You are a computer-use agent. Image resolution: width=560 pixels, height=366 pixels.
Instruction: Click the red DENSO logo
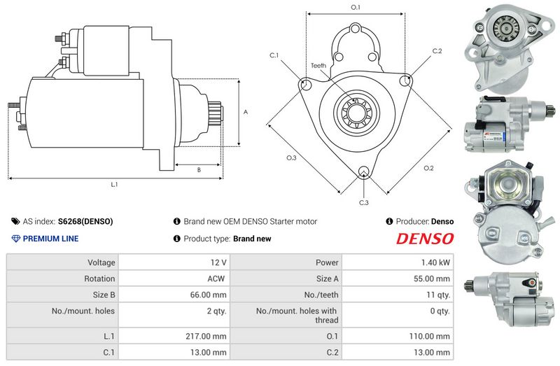425,239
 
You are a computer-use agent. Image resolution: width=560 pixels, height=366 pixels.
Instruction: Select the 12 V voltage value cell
218,263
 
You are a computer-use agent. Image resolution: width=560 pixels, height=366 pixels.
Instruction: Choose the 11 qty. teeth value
439,295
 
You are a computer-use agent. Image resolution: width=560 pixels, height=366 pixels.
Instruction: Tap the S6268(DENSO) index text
85,221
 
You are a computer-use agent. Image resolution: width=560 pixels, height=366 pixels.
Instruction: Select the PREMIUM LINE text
50,239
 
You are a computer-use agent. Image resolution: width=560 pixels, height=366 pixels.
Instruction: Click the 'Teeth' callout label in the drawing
318,66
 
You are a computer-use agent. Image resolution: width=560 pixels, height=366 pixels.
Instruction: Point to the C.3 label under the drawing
363,203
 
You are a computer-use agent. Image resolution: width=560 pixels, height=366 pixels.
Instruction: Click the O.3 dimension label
292,158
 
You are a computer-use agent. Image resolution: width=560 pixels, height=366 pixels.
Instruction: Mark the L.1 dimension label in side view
114,185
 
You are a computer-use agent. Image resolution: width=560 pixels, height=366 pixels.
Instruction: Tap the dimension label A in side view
245,112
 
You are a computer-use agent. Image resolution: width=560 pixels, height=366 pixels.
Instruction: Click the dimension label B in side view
199,169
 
